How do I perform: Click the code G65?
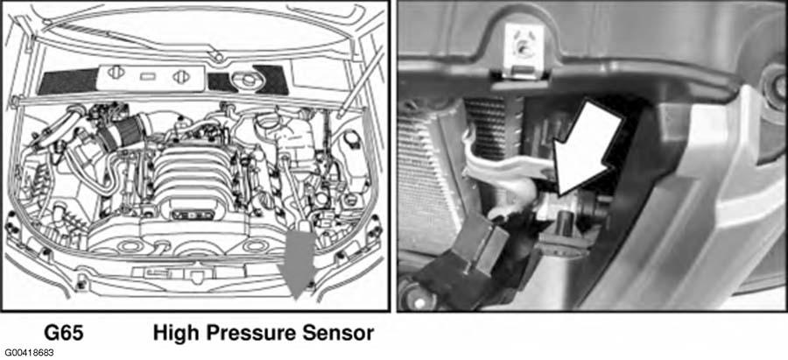63,334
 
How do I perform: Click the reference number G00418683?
30,353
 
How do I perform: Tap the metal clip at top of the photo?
524,49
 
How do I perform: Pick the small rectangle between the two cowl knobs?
147,76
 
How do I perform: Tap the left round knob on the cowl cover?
116,73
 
